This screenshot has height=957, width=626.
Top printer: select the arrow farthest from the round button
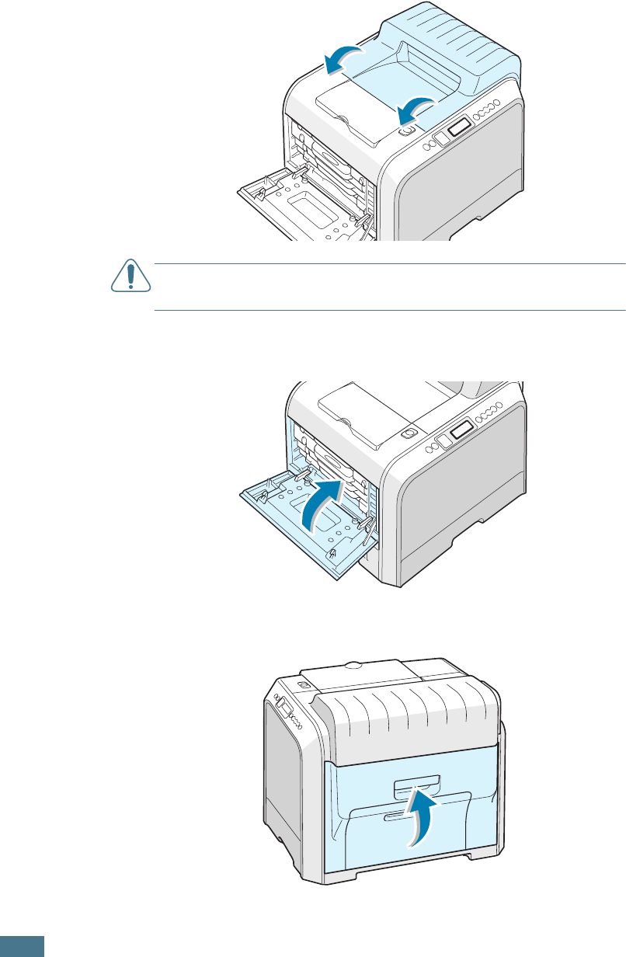[x=343, y=59]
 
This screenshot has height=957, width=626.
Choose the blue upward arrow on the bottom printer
[x=419, y=816]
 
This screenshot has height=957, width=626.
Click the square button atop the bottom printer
[x=304, y=684]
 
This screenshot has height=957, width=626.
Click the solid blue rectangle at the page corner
[x=22, y=946]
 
